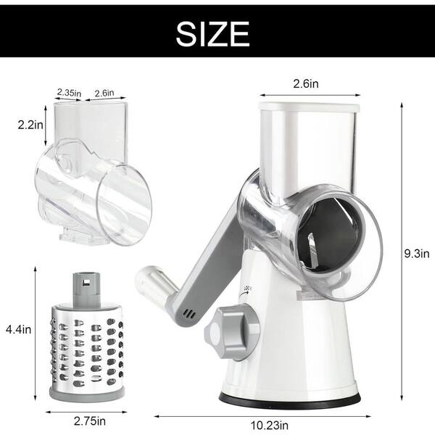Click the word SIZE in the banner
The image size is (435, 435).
[x=212, y=34]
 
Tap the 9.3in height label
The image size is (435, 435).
[x=417, y=253]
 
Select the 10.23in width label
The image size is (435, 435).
[x=270, y=425]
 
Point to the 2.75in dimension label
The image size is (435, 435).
[x=90, y=420]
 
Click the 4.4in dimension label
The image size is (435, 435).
[x=18, y=330]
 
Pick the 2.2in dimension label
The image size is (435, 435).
[x=30, y=125]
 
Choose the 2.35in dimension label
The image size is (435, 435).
[x=69, y=92]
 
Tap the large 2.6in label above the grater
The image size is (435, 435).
[x=306, y=83]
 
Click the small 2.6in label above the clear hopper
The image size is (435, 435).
[x=104, y=93]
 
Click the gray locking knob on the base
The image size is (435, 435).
[x=232, y=331]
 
